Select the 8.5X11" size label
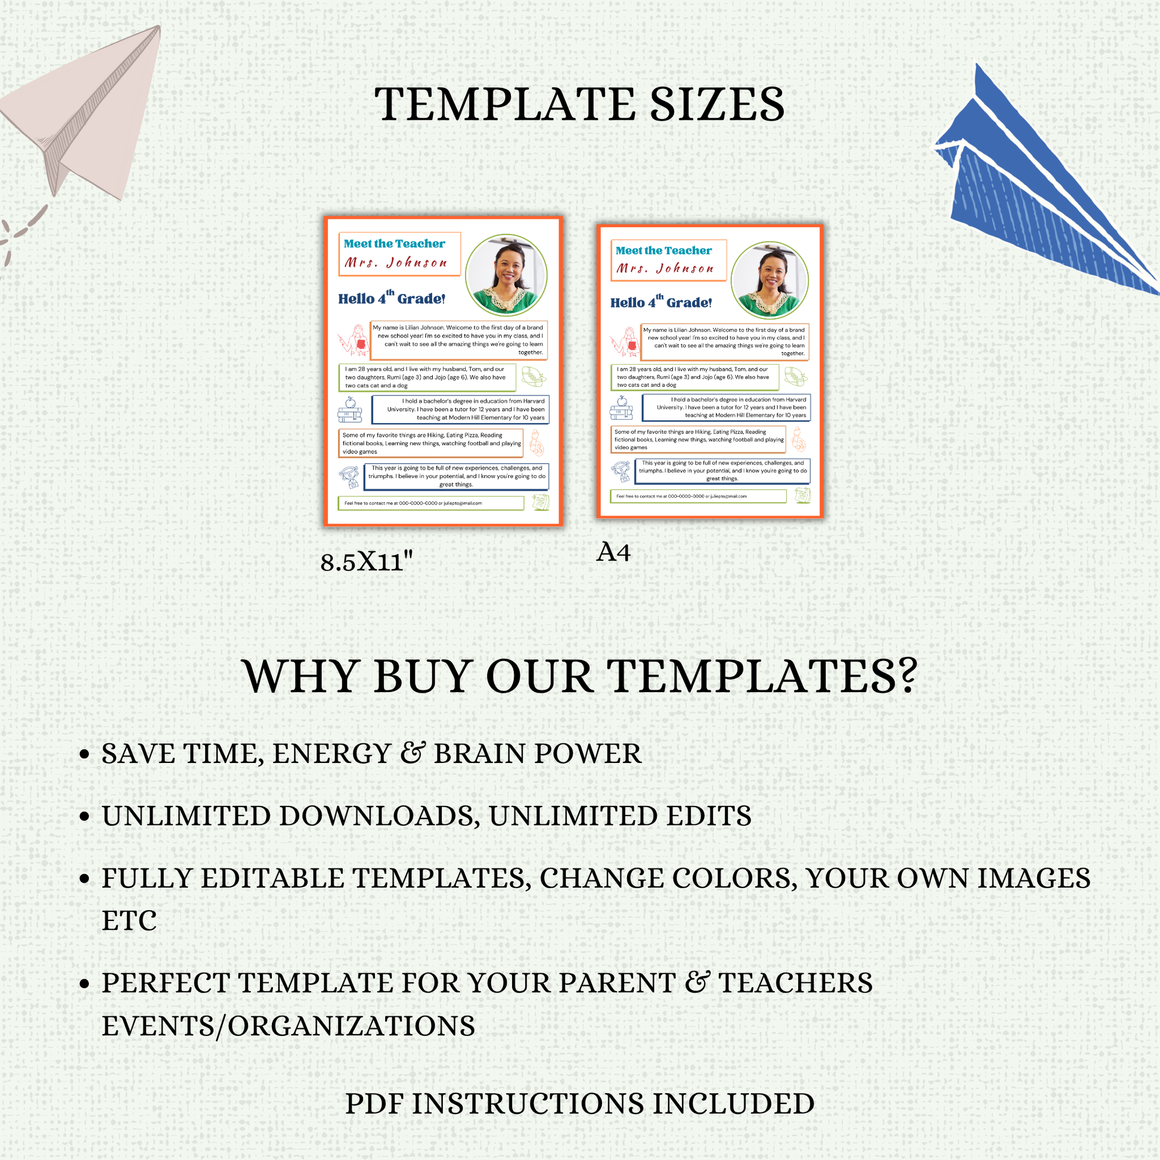[366, 562]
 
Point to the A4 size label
[613, 553]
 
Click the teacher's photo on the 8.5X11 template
[506, 275]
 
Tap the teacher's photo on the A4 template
[770, 280]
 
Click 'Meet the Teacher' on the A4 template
[663, 250]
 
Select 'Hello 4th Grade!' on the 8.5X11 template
[392, 297]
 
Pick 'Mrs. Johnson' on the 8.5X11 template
[396, 262]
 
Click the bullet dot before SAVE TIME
[85, 754]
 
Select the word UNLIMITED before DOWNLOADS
[186, 816]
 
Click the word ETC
[129, 920]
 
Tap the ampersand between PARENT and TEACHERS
[696, 982]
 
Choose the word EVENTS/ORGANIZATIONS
[288, 1026]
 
